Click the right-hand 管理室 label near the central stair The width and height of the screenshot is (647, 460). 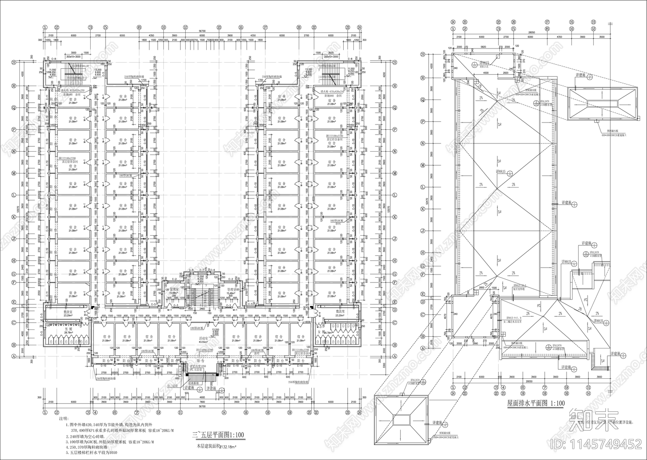[x=232, y=290]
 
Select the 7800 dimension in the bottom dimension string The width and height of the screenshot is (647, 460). [x=201, y=403]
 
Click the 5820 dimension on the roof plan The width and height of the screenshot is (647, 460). [x=482, y=47]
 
